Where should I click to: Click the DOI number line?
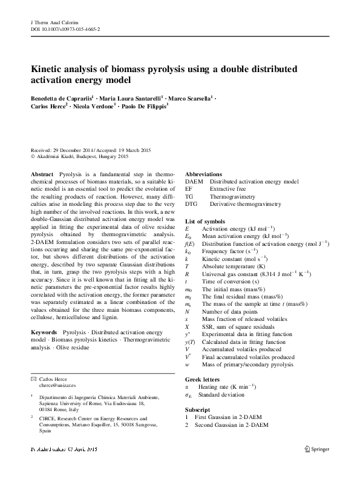click(x=65, y=28)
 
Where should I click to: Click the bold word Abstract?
click(x=42, y=174)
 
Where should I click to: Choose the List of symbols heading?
click(x=205, y=222)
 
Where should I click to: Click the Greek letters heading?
click(x=203, y=377)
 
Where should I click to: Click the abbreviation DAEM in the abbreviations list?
click(x=194, y=181)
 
